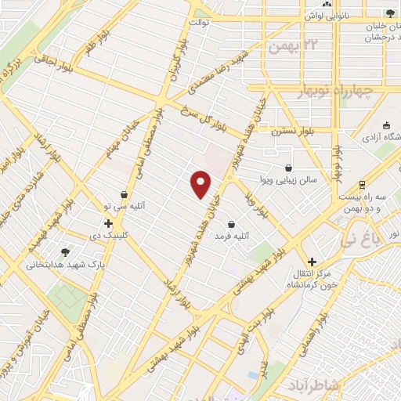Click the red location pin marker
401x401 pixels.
pyautogui.click(x=201, y=184)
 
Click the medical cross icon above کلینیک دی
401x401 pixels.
pyautogui.click(x=108, y=223)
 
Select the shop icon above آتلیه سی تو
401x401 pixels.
pyautogui.click(x=124, y=195)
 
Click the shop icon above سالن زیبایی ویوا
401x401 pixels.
pyautogui.click(x=289, y=168)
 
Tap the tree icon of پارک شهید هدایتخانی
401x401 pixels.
pyautogui.click(x=65, y=252)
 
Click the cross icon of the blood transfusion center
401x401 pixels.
pyautogui.click(x=312, y=262)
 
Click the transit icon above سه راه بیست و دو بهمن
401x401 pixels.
pyautogui.click(x=361, y=185)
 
